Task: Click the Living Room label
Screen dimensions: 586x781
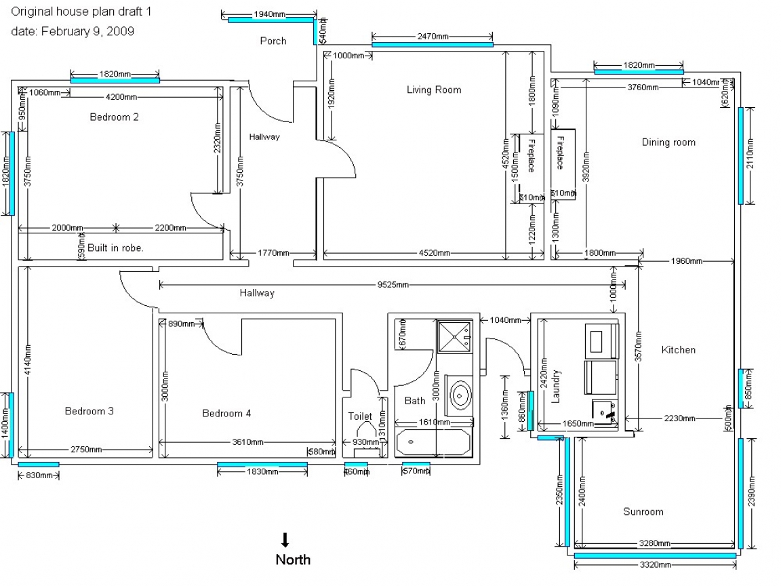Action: click(434, 90)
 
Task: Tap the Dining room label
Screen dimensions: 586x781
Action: click(668, 142)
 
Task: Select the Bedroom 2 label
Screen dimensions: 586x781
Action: click(115, 117)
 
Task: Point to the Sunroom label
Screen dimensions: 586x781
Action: click(643, 511)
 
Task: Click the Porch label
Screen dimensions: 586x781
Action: click(273, 41)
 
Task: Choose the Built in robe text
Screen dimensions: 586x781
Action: click(115, 248)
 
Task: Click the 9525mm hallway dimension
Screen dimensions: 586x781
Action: click(393, 285)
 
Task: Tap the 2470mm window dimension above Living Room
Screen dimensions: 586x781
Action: click(433, 37)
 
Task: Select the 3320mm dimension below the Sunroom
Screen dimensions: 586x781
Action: click(655, 564)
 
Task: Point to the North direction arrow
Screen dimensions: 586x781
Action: click(285, 540)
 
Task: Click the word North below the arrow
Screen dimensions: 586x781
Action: click(293, 560)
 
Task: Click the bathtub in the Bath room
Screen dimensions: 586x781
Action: click(433, 442)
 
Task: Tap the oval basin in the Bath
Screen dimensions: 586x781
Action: click(461, 394)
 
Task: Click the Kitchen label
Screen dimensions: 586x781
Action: click(679, 350)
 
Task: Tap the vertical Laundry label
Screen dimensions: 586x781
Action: click(557, 387)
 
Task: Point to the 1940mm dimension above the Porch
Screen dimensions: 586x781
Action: click(269, 14)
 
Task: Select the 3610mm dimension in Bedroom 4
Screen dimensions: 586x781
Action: click(247, 442)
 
